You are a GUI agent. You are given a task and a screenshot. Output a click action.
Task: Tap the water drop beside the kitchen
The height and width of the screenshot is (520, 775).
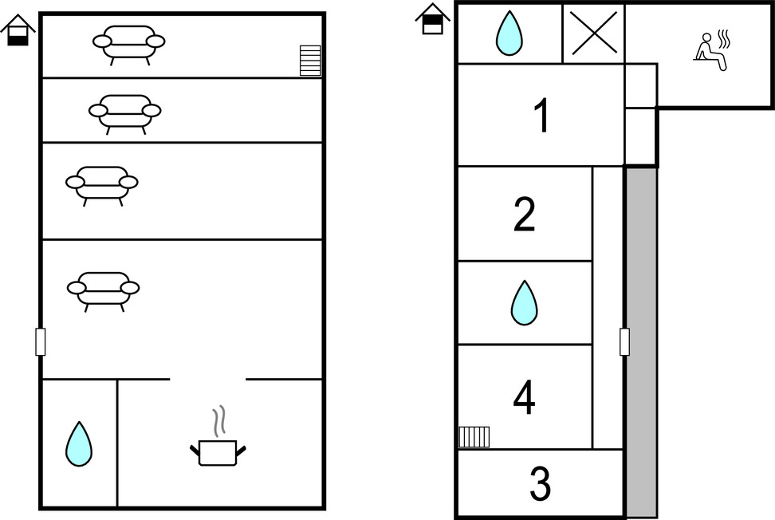pyautogui.click(x=78, y=443)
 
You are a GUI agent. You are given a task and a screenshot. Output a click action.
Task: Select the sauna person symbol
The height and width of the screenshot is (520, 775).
pyautogui.click(x=712, y=52)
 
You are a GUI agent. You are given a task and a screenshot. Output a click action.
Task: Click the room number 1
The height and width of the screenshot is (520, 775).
pyautogui.click(x=541, y=116)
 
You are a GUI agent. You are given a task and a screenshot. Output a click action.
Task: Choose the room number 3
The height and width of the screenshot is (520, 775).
pyautogui.click(x=540, y=484)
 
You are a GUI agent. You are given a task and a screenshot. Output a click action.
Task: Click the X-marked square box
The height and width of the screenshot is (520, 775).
pyautogui.click(x=593, y=33)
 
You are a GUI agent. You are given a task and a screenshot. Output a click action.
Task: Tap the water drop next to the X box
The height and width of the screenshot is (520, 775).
pyautogui.click(x=509, y=33)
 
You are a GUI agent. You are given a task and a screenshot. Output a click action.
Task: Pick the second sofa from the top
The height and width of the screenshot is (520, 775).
pyautogui.click(x=124, y=112)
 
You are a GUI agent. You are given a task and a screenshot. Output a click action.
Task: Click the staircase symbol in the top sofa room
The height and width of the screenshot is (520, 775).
pyautogui.click(x=310, y=61)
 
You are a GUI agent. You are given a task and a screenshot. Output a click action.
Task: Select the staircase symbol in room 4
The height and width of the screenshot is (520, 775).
pyautogui.click(x=474, y=437)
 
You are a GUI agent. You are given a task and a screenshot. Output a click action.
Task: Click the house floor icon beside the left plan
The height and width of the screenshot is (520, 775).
pyautogui.click(x=18, y=30)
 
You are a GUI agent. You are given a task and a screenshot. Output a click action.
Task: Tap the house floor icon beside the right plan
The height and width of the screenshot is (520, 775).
pyautogui.click(x=433, y=19)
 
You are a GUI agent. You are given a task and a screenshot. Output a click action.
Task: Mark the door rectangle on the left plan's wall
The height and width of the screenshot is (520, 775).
pyautogui.click(x=41, y=341)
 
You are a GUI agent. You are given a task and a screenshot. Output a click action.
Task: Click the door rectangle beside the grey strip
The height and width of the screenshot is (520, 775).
pyautogui.click(x=624, y=341)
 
